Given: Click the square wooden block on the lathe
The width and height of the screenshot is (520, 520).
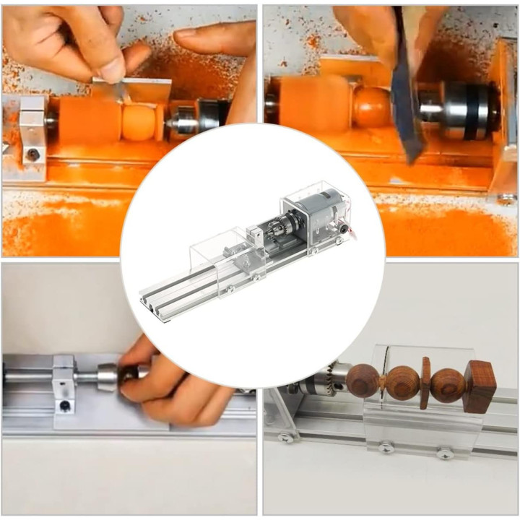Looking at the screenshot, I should point(480,386).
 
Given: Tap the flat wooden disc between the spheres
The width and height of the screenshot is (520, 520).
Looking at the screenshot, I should point(425,382).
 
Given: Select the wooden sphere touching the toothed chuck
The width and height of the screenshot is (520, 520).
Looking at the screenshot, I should point(362,381).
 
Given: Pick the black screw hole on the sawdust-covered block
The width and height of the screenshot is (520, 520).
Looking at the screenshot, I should point(32,153).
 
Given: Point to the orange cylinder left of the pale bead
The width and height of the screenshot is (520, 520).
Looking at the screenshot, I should point(88,119).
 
